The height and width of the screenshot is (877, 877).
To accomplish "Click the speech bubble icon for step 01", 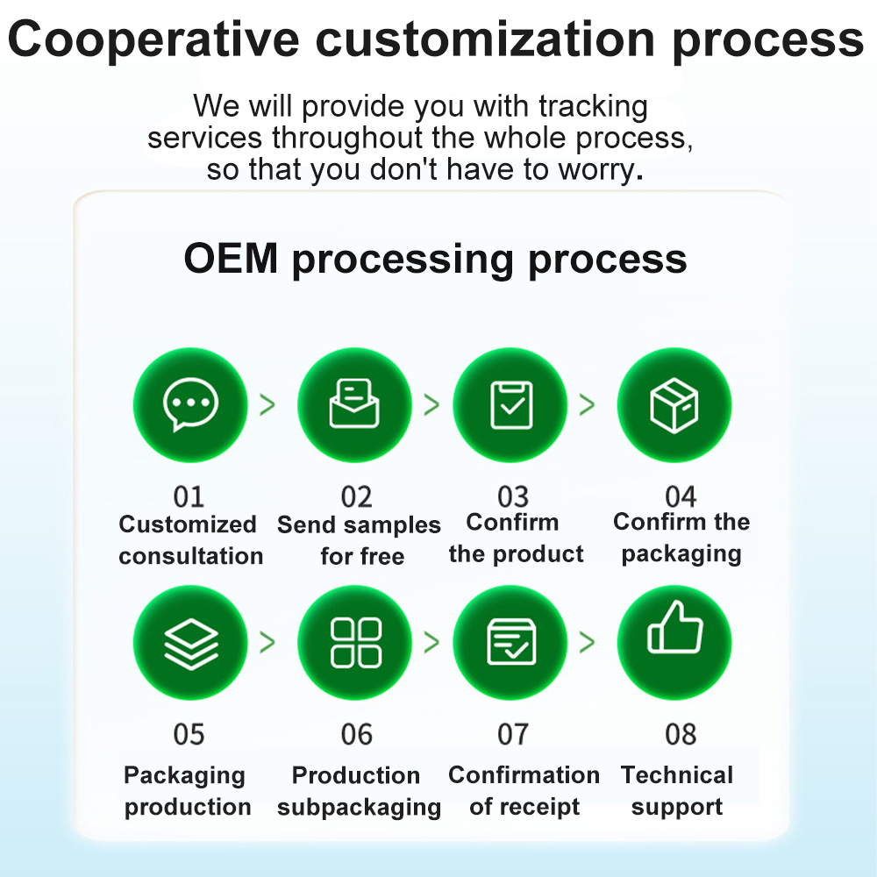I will point(189,405).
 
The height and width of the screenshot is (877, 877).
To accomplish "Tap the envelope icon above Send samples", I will point(354,405).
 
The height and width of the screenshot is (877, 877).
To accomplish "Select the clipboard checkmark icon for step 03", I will point(510,405).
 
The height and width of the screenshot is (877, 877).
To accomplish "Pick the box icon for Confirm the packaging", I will point(674,405).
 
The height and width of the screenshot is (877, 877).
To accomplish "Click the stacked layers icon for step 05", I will point(189,643).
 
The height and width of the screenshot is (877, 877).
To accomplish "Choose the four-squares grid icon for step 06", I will point(354,643).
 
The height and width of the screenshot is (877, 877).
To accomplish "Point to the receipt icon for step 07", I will point(510,643).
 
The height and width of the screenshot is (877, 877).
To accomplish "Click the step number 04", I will point(681,497).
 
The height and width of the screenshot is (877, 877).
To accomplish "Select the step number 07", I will point(513,734).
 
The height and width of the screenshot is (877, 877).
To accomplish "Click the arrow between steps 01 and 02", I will point(267,404).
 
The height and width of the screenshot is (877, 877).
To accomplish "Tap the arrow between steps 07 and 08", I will point(587,642).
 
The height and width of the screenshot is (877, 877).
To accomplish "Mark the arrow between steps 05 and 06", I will point(267,642).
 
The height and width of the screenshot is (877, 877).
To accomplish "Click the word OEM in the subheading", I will point(231,259).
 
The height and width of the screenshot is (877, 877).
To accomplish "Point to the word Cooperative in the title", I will point(153,39).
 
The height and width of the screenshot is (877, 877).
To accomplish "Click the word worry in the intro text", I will point(588,169).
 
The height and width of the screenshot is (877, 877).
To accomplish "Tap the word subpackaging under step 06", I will point(359,808).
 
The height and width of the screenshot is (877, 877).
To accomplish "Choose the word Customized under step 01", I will point(188,524).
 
